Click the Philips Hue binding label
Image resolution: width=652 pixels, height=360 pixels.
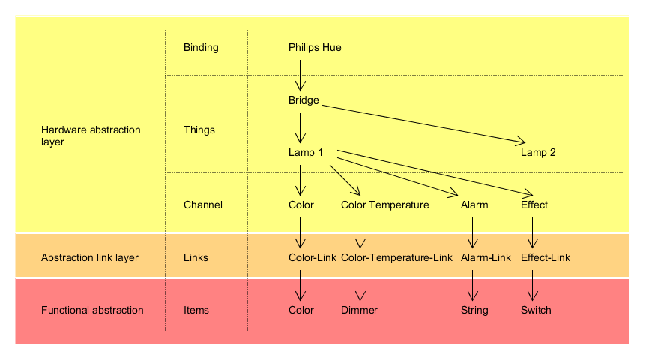[x=315, y=48]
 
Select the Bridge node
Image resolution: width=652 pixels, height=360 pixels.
[x=304, y=100]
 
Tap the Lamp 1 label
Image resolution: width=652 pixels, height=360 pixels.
[x=306, y=153]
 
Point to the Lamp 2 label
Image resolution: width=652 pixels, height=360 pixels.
[x=538, y=153]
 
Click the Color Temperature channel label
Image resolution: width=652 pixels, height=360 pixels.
[x=384, y=205]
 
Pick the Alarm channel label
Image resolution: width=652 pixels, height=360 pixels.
[x=474, y=205]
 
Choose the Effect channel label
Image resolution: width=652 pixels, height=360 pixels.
[x=534, y=205]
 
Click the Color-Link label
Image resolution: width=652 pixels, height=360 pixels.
[x=313, y=258]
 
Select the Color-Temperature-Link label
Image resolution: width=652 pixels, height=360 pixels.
[x=396, y=258]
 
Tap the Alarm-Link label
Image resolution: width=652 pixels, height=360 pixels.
[x=486, y=258]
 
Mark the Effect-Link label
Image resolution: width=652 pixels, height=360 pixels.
[x=546, y=258]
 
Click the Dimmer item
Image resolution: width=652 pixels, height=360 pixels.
[x=359, y=310]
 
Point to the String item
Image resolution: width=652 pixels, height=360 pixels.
[x=474, y=310]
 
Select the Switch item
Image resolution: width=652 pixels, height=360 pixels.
[x=536, y=310]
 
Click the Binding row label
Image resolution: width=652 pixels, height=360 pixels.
[x=201, y=48]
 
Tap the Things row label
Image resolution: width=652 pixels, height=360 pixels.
[x=199, y=130]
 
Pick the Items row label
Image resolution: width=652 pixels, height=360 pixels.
[x=196, y=310]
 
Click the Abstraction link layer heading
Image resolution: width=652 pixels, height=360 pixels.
[x=90, y=258]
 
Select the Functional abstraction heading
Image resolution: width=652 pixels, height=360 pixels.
[x=92, y=310]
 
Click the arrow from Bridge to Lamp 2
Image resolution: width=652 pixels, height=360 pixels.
[x=423, y=123]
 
